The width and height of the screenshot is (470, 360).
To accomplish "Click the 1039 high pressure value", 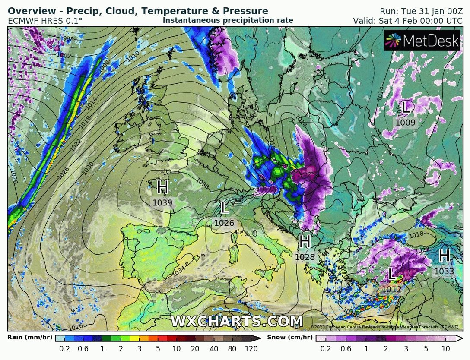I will coord(162,202).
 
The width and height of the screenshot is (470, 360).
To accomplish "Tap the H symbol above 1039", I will coord(162,188).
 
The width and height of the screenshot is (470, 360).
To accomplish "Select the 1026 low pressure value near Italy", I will coord(224,223).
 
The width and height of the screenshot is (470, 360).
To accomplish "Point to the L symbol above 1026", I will coord(224,208).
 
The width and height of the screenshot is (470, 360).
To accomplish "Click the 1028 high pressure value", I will coord(305,257).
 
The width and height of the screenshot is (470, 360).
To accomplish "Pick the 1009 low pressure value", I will coord(405,123).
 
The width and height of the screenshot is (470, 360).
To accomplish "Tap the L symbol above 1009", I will coord(406,107).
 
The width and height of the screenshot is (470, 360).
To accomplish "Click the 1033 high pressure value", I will coord(444,272).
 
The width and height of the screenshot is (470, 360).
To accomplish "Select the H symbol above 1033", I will coord(444,256).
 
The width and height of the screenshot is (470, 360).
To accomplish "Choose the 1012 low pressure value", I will coord(391,289).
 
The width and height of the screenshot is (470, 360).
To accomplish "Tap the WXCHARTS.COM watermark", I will coord(237,322).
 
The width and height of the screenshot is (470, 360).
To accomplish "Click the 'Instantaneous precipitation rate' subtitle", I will coord(228,20).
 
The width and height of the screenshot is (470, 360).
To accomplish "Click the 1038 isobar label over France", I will coord(203,184).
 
